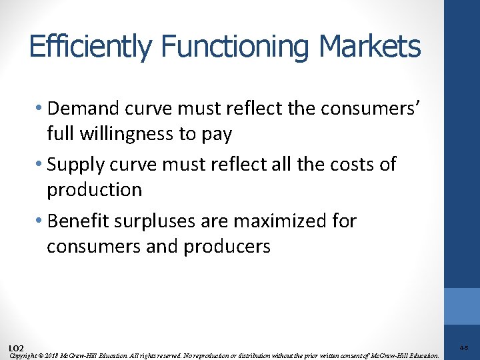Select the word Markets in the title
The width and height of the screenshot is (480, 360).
tap(369, 47)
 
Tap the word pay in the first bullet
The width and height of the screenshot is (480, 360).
tap(216, 135)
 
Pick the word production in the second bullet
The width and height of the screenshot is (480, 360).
tap(94, 190)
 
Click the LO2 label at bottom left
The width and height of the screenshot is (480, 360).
tap(17, 348)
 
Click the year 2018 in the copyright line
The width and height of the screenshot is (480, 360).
tap(53, 355)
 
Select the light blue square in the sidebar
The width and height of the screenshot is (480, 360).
tap(462, 305)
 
